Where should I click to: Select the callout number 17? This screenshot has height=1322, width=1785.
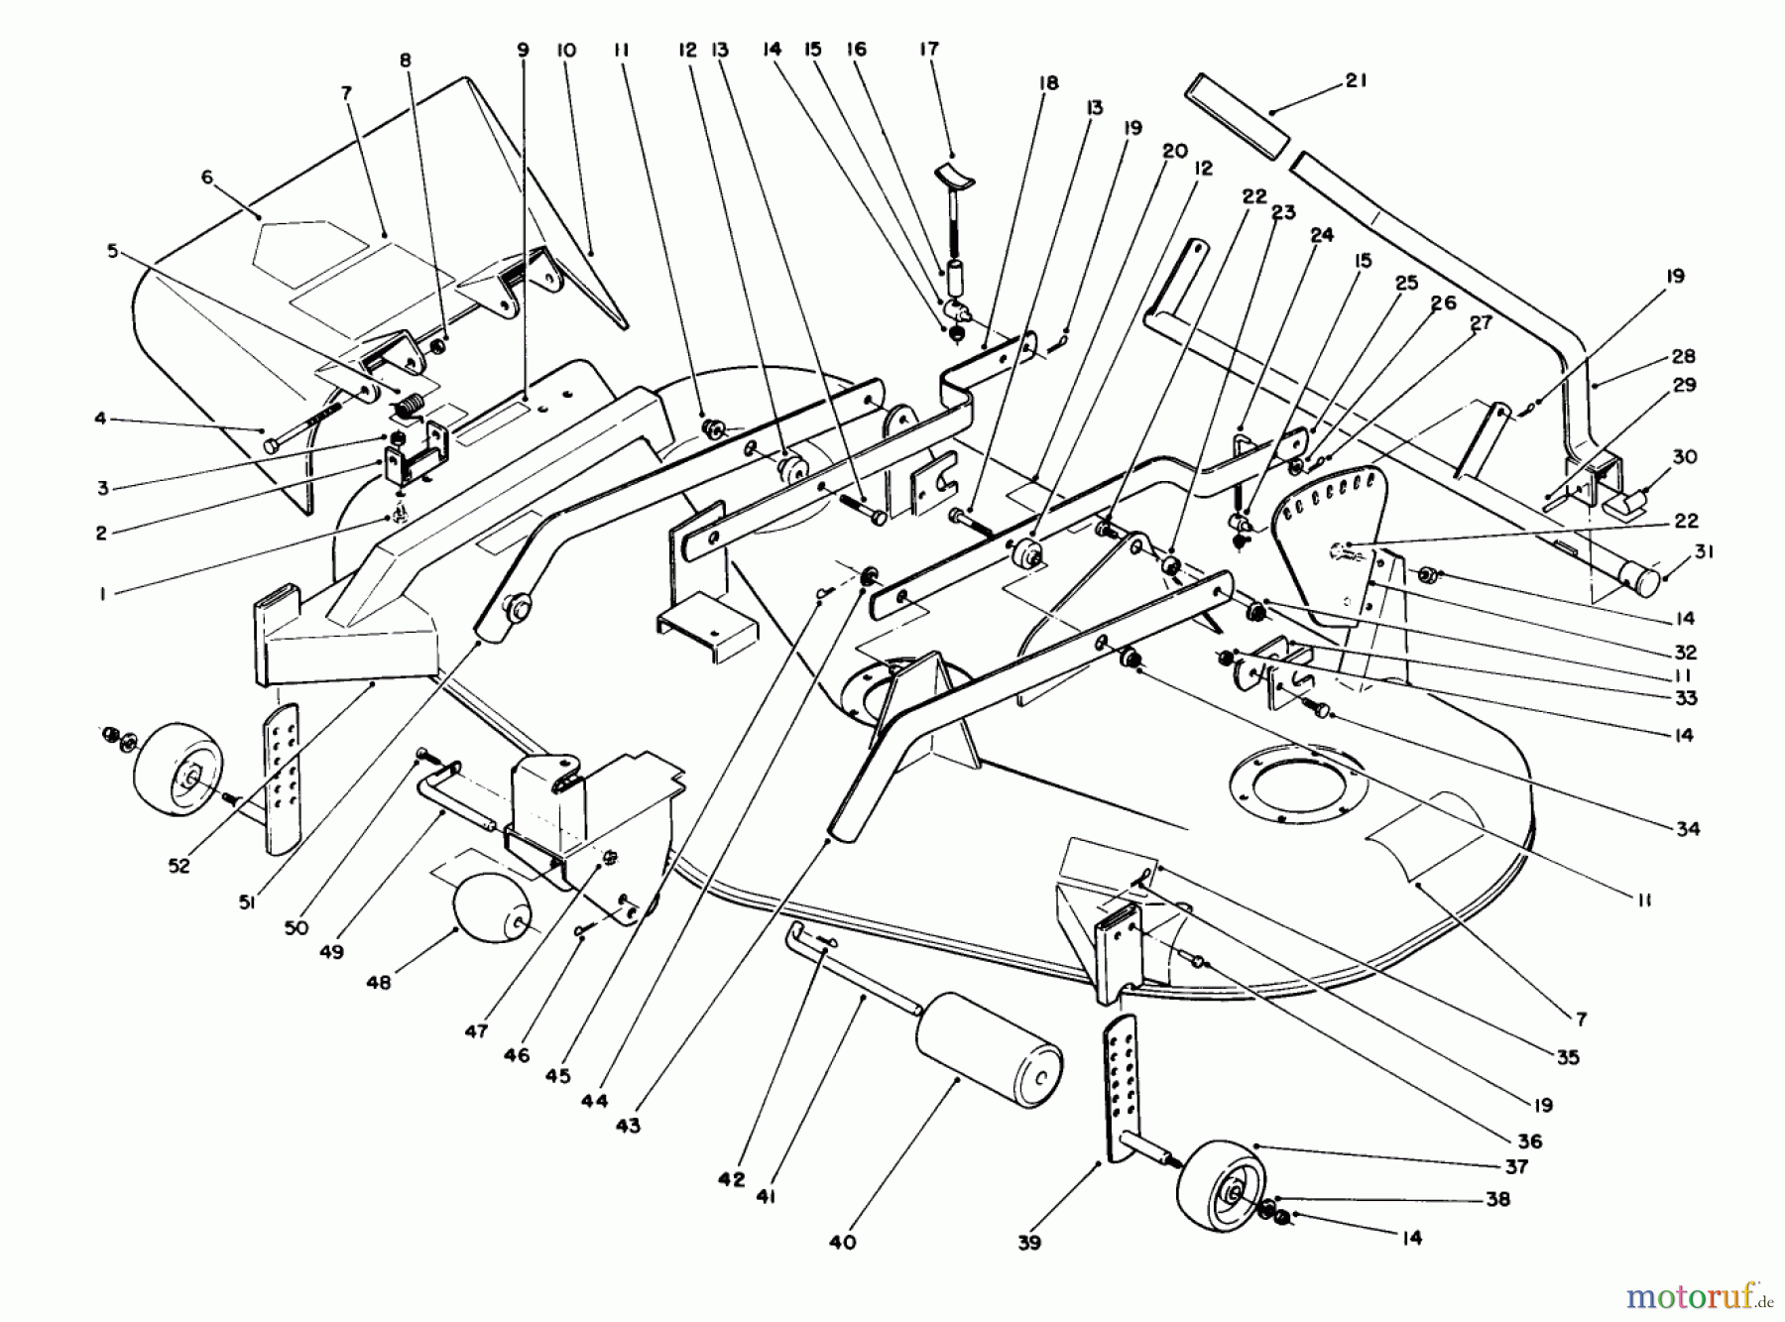928,49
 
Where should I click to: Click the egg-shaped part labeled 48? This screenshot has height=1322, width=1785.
493,912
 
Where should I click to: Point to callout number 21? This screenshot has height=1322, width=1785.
1356,81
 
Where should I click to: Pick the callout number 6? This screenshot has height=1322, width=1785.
207,177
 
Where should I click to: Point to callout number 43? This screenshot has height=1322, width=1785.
628,1126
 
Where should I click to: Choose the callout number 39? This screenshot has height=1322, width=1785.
1029,1242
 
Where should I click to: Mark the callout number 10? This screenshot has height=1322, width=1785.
565,49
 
